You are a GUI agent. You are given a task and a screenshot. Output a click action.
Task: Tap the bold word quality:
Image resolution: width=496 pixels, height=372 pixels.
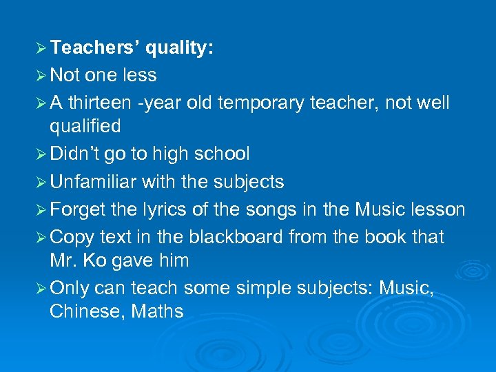179,48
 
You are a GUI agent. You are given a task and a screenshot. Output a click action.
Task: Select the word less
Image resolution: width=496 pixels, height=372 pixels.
139,75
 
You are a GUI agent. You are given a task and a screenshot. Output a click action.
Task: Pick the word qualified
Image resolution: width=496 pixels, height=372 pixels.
85,127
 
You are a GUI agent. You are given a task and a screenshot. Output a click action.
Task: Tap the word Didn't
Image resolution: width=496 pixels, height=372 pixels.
76,154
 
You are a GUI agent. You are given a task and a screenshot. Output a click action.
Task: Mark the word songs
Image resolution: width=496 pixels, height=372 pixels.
290,209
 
